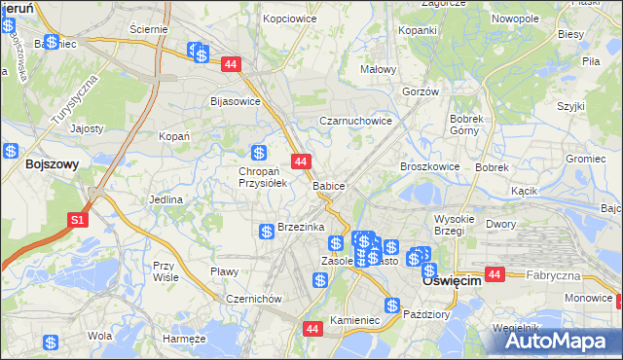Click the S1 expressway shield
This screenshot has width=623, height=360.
[x=80, y=221]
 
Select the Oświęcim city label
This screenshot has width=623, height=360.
[x=453, y=279]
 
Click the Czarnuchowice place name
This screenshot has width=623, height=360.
[x=356, y=122]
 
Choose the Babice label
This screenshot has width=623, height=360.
[x=329, y=185]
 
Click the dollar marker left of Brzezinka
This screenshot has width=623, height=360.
[x=266, y=231]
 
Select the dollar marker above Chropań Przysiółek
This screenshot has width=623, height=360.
[x=259, y=153]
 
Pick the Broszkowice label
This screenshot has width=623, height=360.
[x=429, y=166]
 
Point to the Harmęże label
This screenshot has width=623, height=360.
[x=184, y=338]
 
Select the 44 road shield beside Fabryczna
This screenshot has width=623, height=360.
[x=495, y=275]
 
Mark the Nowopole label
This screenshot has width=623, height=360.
[x=516, y=18]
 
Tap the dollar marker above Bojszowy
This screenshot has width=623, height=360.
[x=10, y=151]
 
